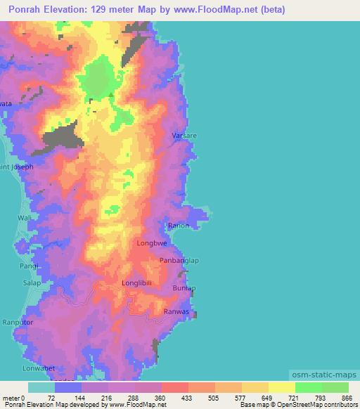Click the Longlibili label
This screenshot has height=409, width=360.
pyautogui.click(x=137, y=283)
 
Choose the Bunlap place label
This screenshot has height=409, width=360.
pyautogui.click(x=184, y=288)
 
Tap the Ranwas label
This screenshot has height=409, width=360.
pyautogui.click(x=176, y=311)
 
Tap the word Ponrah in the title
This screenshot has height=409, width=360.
pyautogui.click(x=26, y=11)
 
